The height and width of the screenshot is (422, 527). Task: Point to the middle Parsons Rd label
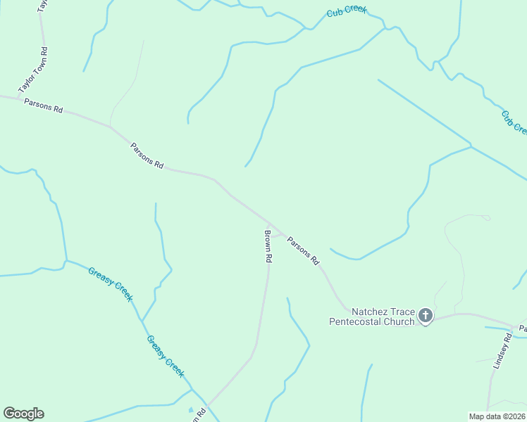147,155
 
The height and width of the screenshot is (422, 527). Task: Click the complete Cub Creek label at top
347,13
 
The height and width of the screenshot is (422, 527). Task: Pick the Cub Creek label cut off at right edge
514,121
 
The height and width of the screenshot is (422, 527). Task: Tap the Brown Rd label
268,246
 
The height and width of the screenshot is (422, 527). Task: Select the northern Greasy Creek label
110,284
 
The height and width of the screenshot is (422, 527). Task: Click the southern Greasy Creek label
165,356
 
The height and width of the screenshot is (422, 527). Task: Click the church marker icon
426,316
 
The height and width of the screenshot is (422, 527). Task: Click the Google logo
23,414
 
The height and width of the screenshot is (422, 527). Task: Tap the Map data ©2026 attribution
497,416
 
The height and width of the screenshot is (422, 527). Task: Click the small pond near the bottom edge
190,410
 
